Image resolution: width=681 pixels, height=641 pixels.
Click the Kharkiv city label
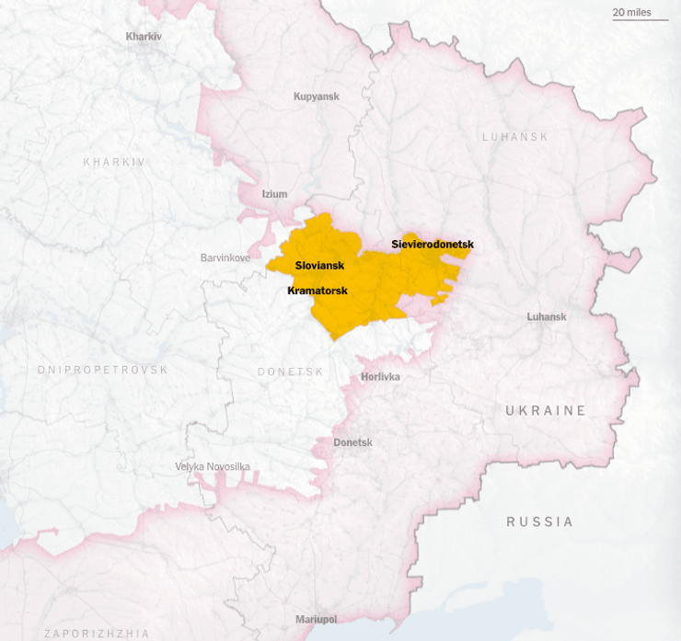pos(144,36)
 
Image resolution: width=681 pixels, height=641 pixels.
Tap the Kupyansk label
pos(317,97)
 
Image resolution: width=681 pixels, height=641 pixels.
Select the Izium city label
pos(274,194)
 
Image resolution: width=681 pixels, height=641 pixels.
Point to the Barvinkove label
pos(225,258)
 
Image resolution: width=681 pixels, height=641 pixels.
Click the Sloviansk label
pos(319,265)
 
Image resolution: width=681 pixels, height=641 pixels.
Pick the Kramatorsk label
pos(317,290)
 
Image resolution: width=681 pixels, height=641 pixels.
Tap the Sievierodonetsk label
pos(433,244)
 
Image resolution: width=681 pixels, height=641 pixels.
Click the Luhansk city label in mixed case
pos(547,316)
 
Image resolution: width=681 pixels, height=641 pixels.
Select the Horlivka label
pos(380,376)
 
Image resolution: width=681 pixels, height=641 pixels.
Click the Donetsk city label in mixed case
pos(352,442)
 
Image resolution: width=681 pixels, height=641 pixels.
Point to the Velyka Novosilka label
pos(213,466)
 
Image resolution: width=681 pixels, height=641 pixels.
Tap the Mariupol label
pos(316,619)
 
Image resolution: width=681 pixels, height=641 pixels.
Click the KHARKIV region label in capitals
pos(114,162)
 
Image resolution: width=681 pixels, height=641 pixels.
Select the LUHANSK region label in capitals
pos(515,137)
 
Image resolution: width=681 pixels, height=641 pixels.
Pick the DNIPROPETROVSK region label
pos(103,370)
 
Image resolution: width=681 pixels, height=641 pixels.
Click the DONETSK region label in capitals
pos(291,372)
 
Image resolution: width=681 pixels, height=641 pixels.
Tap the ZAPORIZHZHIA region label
pos(97,634)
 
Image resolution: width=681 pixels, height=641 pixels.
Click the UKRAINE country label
pos(546,410)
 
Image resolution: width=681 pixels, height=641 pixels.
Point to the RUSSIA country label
pos(540,521)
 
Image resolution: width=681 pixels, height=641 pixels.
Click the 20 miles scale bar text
pos(632,12)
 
